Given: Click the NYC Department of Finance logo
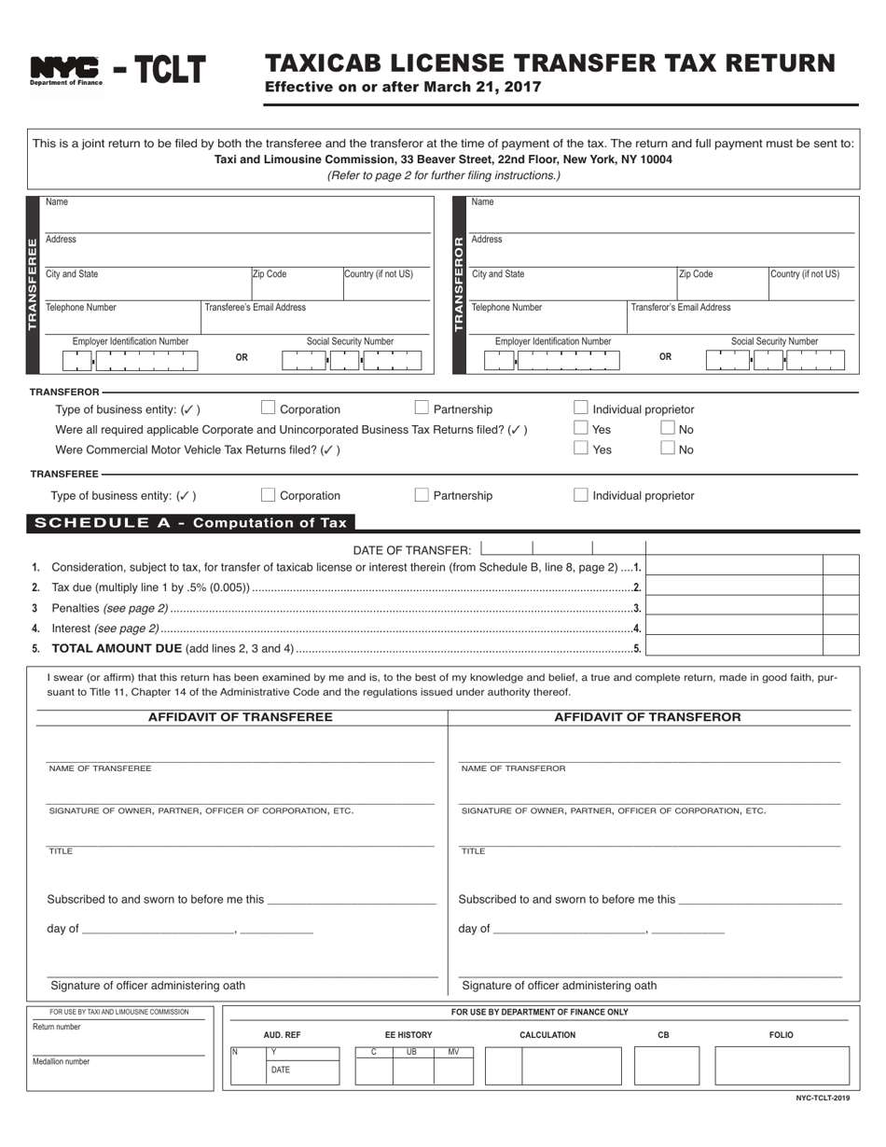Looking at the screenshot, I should (x=65, y=70).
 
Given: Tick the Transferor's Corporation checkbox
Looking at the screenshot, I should (x=269, y=408).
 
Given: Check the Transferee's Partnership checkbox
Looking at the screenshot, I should (x=422, y=494).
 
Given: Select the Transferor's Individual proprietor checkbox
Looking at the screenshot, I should (x=581, y=408).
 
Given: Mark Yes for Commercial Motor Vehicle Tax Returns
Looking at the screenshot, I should (x=581, y=448).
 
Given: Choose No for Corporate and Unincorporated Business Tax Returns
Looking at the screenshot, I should (x=668, y=428).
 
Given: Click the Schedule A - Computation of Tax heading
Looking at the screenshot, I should (x=190, y=523).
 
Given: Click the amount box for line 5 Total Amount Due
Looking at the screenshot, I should (x=734, y=647).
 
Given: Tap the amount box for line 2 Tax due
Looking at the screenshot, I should (x=734, y=587).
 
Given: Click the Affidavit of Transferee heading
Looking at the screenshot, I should (x=241, y=717).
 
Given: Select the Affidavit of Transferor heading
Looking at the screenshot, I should (x=647, y=717).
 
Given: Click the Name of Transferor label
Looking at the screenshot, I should (x=513, y=768).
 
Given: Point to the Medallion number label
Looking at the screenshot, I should (x=62, y=1061).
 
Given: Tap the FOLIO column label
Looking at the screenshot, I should (x=781, y=1035).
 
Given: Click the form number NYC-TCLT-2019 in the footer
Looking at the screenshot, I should (x=823, y=1099).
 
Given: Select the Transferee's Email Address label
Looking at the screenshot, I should (x=255, y=307).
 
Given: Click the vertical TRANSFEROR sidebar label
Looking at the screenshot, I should (x=458, y=284).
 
